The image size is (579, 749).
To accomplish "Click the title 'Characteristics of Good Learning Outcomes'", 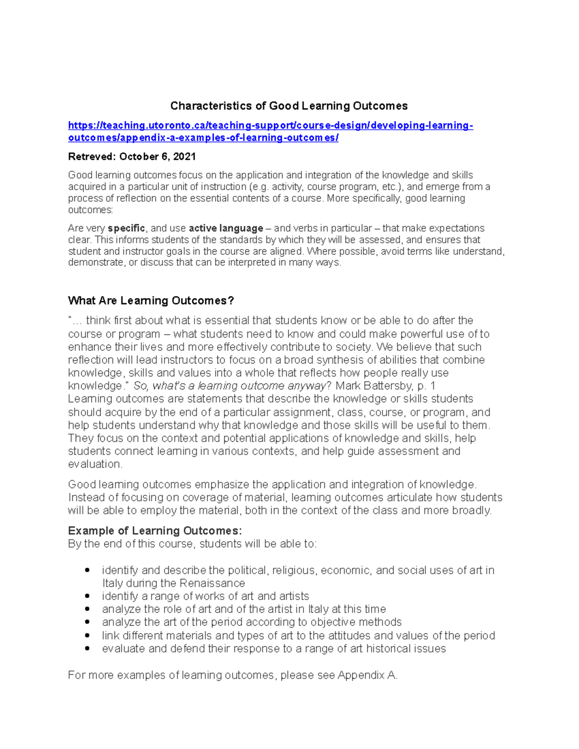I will (x=289, y=106).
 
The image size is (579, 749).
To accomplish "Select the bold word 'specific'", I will (x=126, y=228).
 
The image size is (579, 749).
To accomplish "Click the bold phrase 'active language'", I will (x=226, y=228).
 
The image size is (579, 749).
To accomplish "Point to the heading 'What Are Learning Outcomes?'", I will (x=151, y=300).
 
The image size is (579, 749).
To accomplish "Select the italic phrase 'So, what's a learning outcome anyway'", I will (x=230, y=386).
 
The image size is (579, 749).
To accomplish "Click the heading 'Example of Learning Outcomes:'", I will (x=155, y=531).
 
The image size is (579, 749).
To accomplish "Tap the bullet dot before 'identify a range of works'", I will (x=87, y=596).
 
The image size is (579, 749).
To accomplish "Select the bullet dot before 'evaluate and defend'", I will (x=87, y=649).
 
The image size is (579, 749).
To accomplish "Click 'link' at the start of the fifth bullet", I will (x=110, y=636).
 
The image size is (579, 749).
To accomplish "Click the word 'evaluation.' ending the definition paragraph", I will (x=95, y=464).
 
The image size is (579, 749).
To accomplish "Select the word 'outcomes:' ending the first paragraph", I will (x=90, y=210).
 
